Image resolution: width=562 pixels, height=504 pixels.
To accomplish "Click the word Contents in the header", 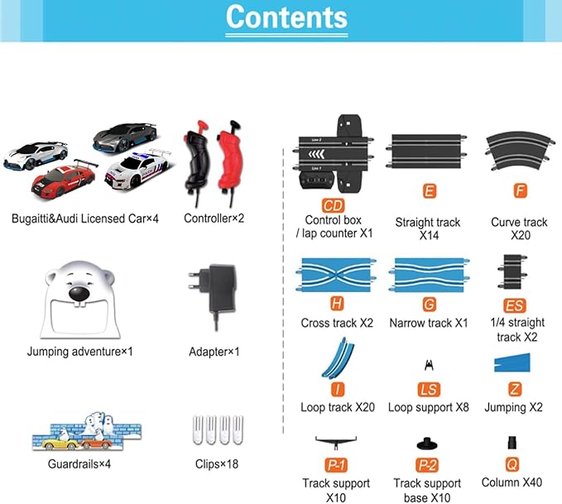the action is [x=286, y=17].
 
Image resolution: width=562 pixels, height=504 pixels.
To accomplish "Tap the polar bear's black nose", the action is [x=79, y=294].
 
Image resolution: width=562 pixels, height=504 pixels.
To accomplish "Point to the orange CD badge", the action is [x=334, y=206].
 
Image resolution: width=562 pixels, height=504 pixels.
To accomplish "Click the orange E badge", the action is [x=430, y=191].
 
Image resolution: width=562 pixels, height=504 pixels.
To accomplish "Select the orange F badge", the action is [x=520, y=191].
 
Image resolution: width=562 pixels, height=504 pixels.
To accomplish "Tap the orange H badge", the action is [x=337, y=304].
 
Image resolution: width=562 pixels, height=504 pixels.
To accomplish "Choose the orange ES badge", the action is [x=515, y=305].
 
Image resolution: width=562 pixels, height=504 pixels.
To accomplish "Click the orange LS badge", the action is [x=429, y=390].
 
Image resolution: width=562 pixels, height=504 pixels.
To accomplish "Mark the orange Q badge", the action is [x=512, y=464].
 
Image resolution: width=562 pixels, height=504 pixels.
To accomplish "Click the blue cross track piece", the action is [x=336, y=275].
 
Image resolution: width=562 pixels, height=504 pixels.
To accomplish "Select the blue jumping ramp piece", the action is [x=512, y=362].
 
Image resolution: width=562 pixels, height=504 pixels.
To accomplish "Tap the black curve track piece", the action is [x=521, y=151].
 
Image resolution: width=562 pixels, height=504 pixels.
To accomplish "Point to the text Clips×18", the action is [x=217, y=464].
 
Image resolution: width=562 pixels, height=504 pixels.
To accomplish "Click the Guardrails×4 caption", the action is [x=79, y=464].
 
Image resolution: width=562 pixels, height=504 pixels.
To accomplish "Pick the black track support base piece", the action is [x=427, y=444].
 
